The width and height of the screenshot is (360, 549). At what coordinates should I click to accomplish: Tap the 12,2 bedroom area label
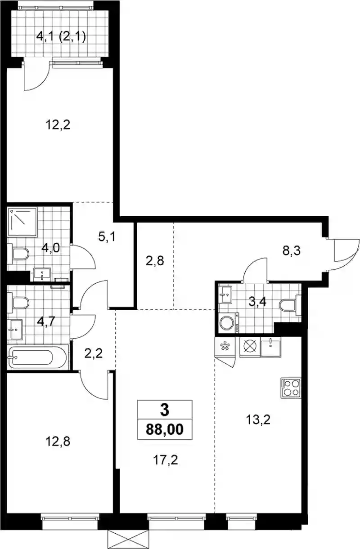click(x=58, y=125)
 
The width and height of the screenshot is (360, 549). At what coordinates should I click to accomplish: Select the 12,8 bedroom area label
click(x=58, y=441)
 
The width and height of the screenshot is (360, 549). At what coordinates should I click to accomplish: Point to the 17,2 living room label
click(x=166, y=460)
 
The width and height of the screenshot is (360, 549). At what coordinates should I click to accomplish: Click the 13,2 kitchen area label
click(x=258, y=420)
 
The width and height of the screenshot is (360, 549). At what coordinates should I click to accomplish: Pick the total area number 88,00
click(x=165, y=429)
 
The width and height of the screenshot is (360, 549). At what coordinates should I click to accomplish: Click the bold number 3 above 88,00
click(x=165, y=410)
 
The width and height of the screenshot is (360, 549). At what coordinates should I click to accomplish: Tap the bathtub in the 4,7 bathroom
click(x=37, y=357)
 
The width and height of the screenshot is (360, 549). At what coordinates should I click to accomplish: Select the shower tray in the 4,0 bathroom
click(x=22, y=222)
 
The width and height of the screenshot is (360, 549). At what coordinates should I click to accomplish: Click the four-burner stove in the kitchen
click(x=291, y=388)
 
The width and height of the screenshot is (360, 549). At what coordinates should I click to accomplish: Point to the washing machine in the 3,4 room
click(x=229, y=322)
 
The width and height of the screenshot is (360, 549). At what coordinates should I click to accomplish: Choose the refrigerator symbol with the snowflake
click(x=225, y=347)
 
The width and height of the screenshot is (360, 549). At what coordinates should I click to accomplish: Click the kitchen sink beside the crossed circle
click(x=271, y=347)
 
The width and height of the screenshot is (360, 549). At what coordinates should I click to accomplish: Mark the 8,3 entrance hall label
click(x=291, y=251)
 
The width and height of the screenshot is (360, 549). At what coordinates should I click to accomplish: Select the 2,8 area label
click(x=155, y=261)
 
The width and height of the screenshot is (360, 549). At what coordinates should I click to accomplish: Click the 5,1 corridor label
click(x=107, y=237)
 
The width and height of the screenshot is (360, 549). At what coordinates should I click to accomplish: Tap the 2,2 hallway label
click(x=94, y=353)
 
